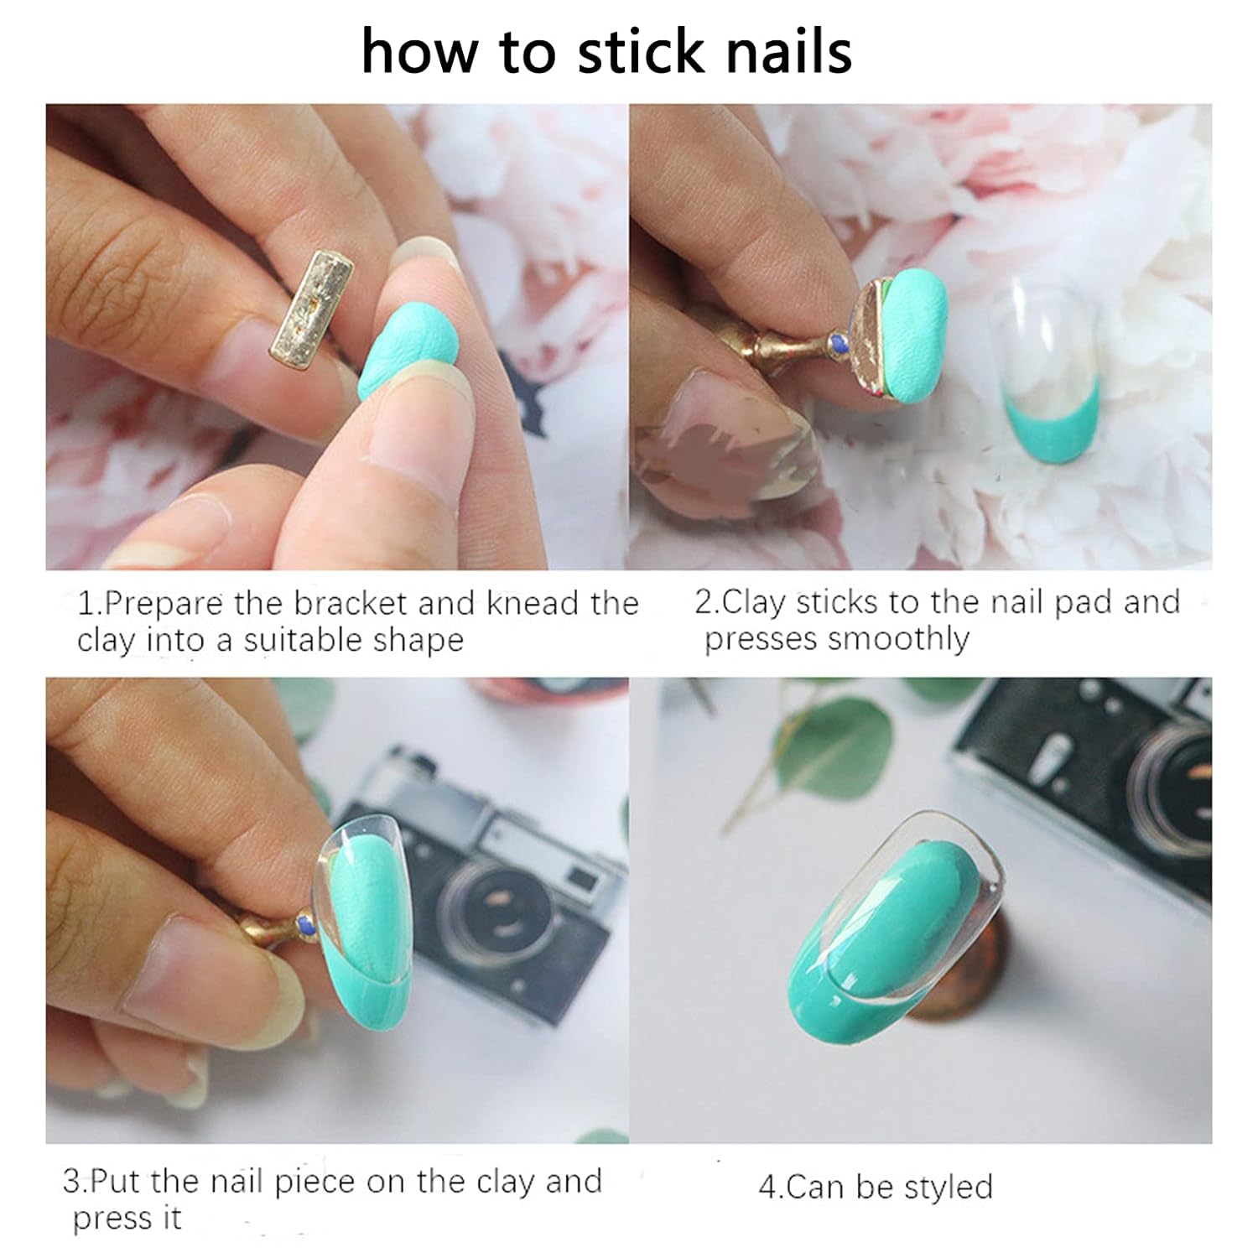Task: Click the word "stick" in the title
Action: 641,51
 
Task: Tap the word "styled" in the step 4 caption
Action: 947,1188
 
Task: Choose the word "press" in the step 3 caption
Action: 109,1219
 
